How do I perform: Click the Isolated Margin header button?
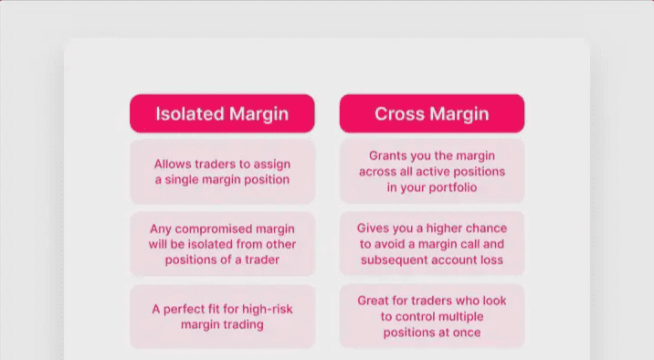click(x=222, y=113)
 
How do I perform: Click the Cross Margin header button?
click(x=432, y=113)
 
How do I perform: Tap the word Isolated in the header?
click(x=190, y=113)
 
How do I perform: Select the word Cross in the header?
click(x=399, y=113)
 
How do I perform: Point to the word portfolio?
click(x=453, y=187)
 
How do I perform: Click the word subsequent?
click(x=392, y=259)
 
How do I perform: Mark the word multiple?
click(x=460, y=317)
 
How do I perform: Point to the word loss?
click(x=491, y=259)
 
